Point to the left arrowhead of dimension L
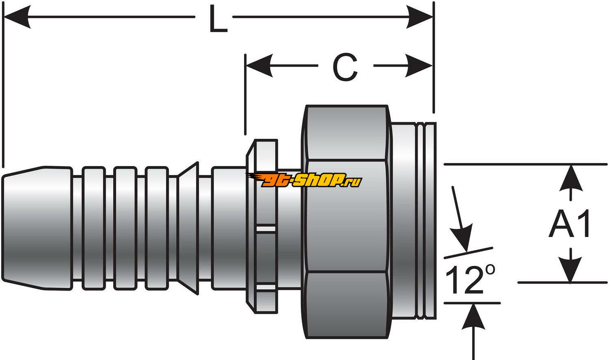click(x=16, y=17)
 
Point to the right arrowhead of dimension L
click(x=421, y=17)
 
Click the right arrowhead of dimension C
click(x=420, y=65)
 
